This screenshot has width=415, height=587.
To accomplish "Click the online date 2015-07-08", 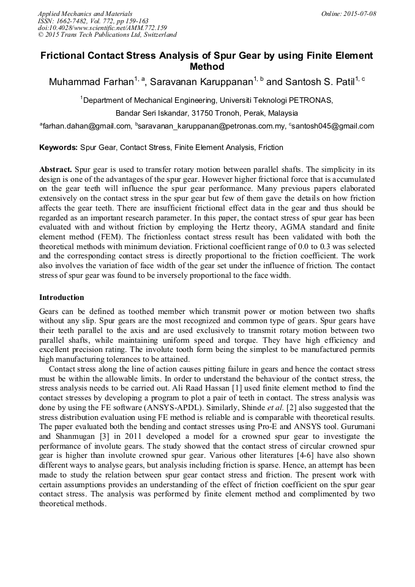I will [359, 13].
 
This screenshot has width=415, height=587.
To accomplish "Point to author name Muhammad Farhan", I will [91, 82].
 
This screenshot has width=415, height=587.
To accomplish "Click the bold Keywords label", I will [59, 148].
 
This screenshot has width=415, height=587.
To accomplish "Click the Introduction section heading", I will [61, 297].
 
